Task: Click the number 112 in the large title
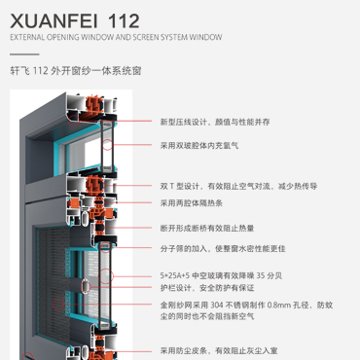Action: click(x=124, y=21)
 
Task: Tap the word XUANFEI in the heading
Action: click(x=54, y=21)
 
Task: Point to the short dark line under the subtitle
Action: click(x=24, y=54)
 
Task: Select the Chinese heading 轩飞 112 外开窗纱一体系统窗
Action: click(x=76, y=70)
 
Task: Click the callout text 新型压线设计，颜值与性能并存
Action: click(x=215, y=122)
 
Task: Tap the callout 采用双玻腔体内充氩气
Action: click(x=199, y=145)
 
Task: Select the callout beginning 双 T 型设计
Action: click(x=238, y=186)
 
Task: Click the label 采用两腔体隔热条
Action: click(x=192, y=203)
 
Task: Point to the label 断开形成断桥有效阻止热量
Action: click(x=207, y=228)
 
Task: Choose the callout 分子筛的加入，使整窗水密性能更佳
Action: click(x=223, y=248)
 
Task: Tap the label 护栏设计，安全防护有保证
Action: click(x=207, y=288)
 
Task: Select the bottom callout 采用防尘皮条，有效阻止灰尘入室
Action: click(x=219, y=350)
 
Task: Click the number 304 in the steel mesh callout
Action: click(x=217, y=306)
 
